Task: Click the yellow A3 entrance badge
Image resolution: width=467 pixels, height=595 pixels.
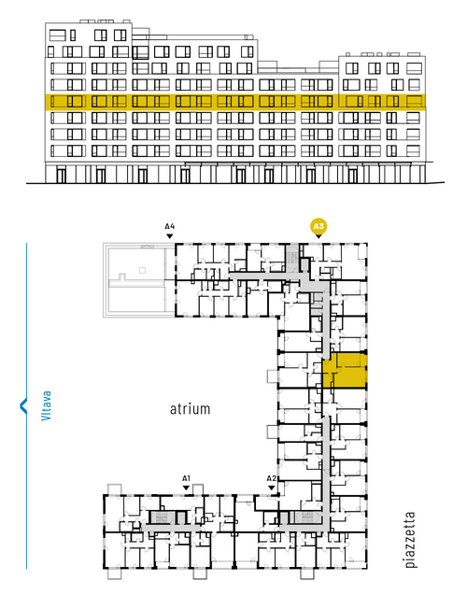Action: (318, 227)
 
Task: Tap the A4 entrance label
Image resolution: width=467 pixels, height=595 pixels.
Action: (170, 227)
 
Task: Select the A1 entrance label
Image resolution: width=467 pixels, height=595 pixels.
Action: (186, 478)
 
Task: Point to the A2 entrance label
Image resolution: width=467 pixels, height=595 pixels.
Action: (272, 478)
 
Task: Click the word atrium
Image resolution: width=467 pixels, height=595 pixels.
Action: (190, 409)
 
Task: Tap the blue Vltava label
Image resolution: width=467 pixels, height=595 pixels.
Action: (46, 405)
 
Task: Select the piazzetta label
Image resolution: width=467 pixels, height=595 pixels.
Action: (410, 540)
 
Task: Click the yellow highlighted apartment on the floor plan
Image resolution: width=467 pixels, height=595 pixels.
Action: (345, 370)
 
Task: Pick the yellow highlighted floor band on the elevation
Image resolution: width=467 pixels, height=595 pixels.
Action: (235, 102)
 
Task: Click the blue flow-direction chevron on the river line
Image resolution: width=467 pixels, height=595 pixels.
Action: (23, 405)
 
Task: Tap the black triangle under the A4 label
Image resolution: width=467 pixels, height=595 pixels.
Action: (170, 236)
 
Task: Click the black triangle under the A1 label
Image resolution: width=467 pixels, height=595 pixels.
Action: (186, 488)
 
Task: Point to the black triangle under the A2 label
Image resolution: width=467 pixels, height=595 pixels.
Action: (272, 488)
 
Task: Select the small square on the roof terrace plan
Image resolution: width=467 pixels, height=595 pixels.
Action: (142, 270)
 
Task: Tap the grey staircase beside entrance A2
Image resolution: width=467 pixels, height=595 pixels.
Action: (305, 517)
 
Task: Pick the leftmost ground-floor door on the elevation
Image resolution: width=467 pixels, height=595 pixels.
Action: (61, 176)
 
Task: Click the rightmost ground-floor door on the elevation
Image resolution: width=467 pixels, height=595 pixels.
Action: (353, 176)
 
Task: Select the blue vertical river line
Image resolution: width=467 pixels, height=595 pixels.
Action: (26, 406)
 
